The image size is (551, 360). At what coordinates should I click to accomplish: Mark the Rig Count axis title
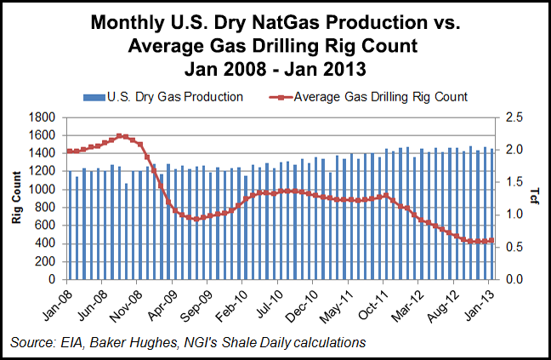(x=17, y=198)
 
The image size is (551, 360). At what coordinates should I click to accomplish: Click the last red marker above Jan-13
(x=492, y=241)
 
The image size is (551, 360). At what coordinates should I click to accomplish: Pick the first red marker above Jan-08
(x=69, y=151)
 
